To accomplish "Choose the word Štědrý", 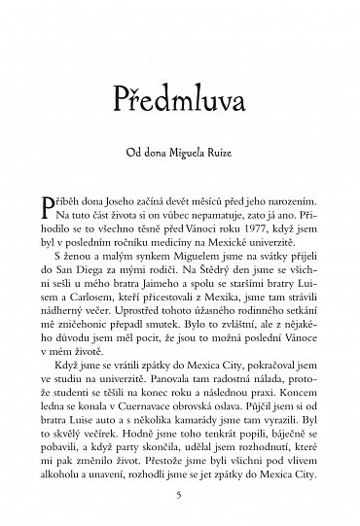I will (215, 268).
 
